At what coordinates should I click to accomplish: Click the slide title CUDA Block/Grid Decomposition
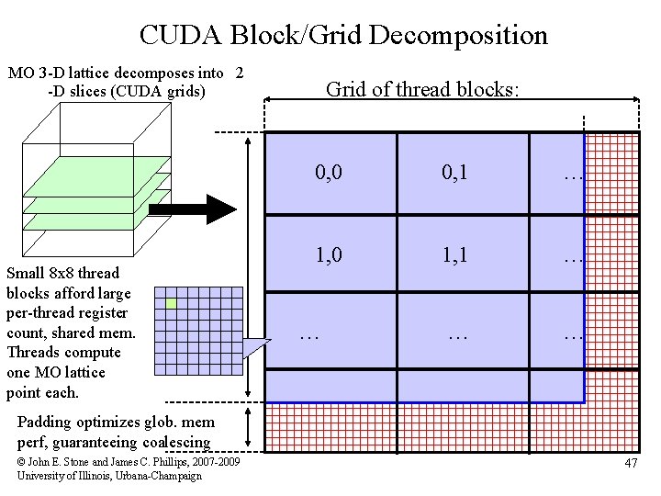[343, 35]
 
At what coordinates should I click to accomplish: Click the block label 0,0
[329, 171]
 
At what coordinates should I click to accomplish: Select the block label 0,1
[454, 171]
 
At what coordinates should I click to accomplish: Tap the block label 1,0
[329, 255]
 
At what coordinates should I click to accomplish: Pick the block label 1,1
[454, 255]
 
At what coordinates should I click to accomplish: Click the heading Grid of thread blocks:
[422, 89]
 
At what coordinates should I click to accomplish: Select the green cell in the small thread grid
[171, 303]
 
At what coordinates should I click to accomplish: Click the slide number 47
[631, 463]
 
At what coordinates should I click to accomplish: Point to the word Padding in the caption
[44, 423]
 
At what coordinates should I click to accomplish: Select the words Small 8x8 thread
[62, 273]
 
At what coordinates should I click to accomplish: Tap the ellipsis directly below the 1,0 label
[310, 336]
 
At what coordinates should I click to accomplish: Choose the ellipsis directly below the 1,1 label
[456, 336]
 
